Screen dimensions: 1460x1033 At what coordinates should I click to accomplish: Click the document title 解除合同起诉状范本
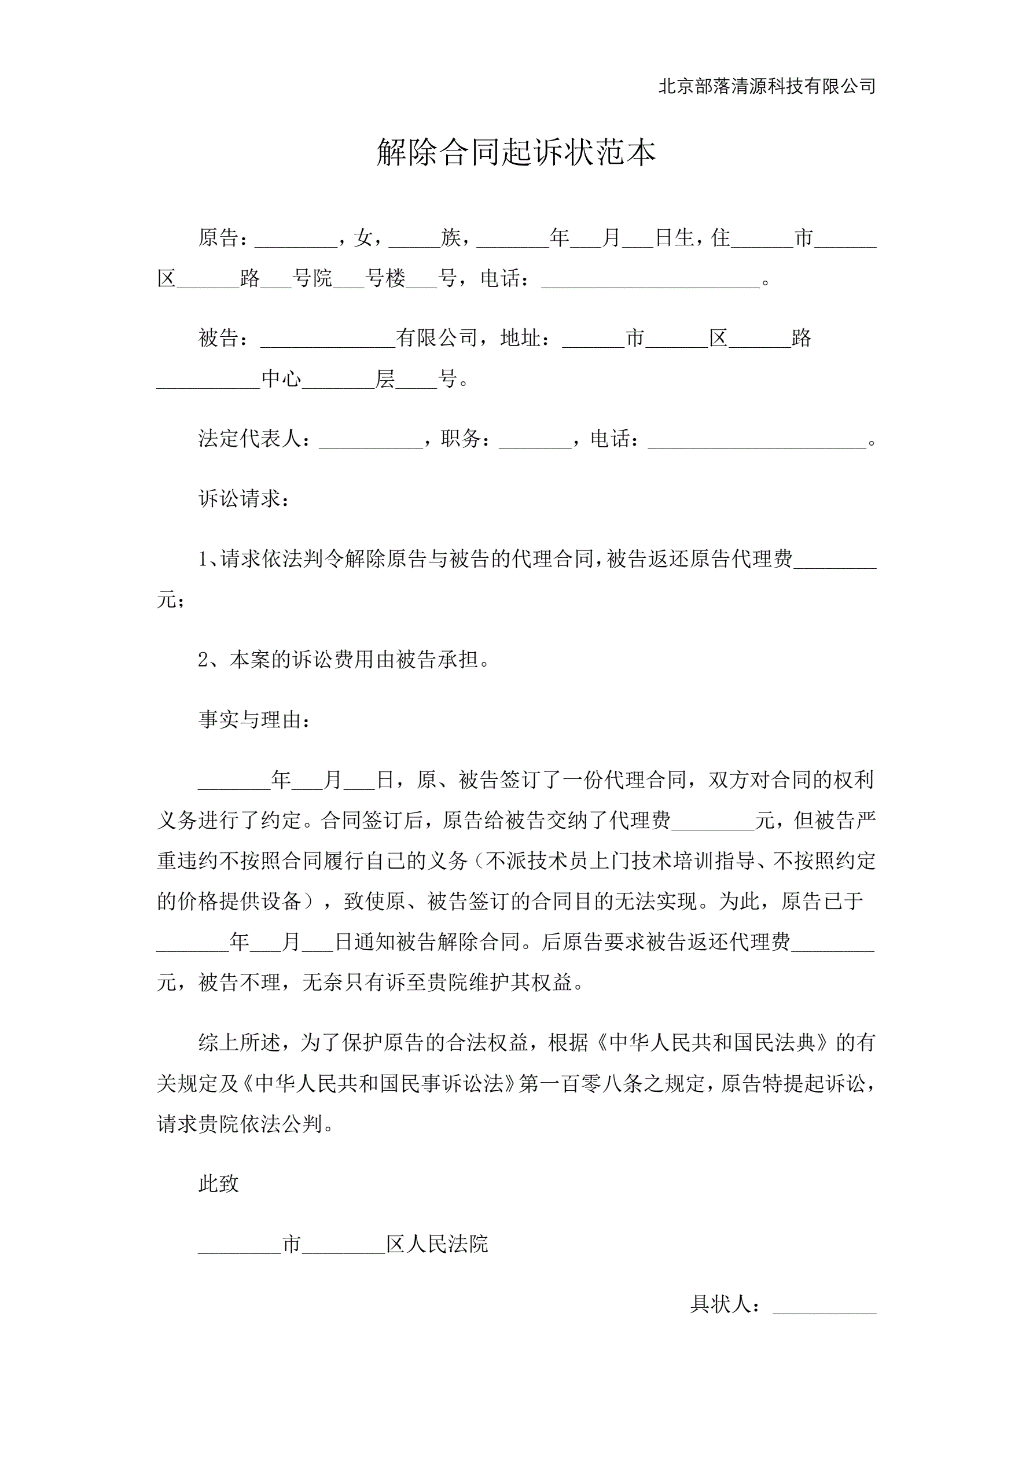[x=516, y=153]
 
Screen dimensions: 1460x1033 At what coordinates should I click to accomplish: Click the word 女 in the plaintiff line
[x=363, y=238]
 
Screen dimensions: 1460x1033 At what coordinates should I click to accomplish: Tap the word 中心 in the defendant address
[x=281, y=379]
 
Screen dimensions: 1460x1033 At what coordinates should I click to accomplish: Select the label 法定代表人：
[x=255, y=438]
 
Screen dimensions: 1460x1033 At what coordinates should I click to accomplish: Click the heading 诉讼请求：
[x=244, y=499]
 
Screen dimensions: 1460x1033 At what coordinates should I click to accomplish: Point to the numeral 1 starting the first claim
[x=203, y=559]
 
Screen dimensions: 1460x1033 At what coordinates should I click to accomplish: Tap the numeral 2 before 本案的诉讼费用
[x=204, y=660]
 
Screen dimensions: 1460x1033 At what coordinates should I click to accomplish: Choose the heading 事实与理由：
[x=255, y=720]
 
